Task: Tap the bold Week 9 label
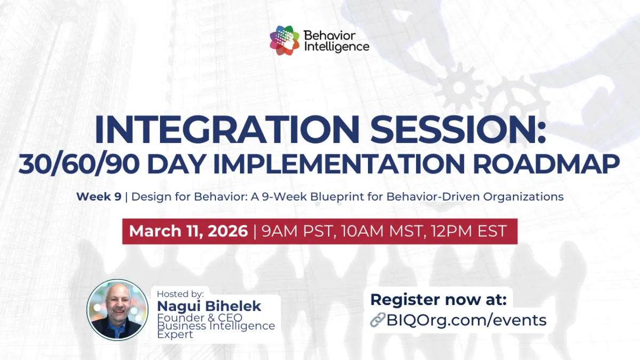pos(99,196)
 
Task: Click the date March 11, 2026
pos(188,231)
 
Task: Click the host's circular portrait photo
pos(117,310)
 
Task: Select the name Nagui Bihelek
pos(209,306)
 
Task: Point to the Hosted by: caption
pos(180,294)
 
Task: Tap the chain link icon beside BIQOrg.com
pos(378,320)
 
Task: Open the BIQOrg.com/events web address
pos(467,320)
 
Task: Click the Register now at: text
pos(438,300)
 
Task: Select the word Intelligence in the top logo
pos(336,46)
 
